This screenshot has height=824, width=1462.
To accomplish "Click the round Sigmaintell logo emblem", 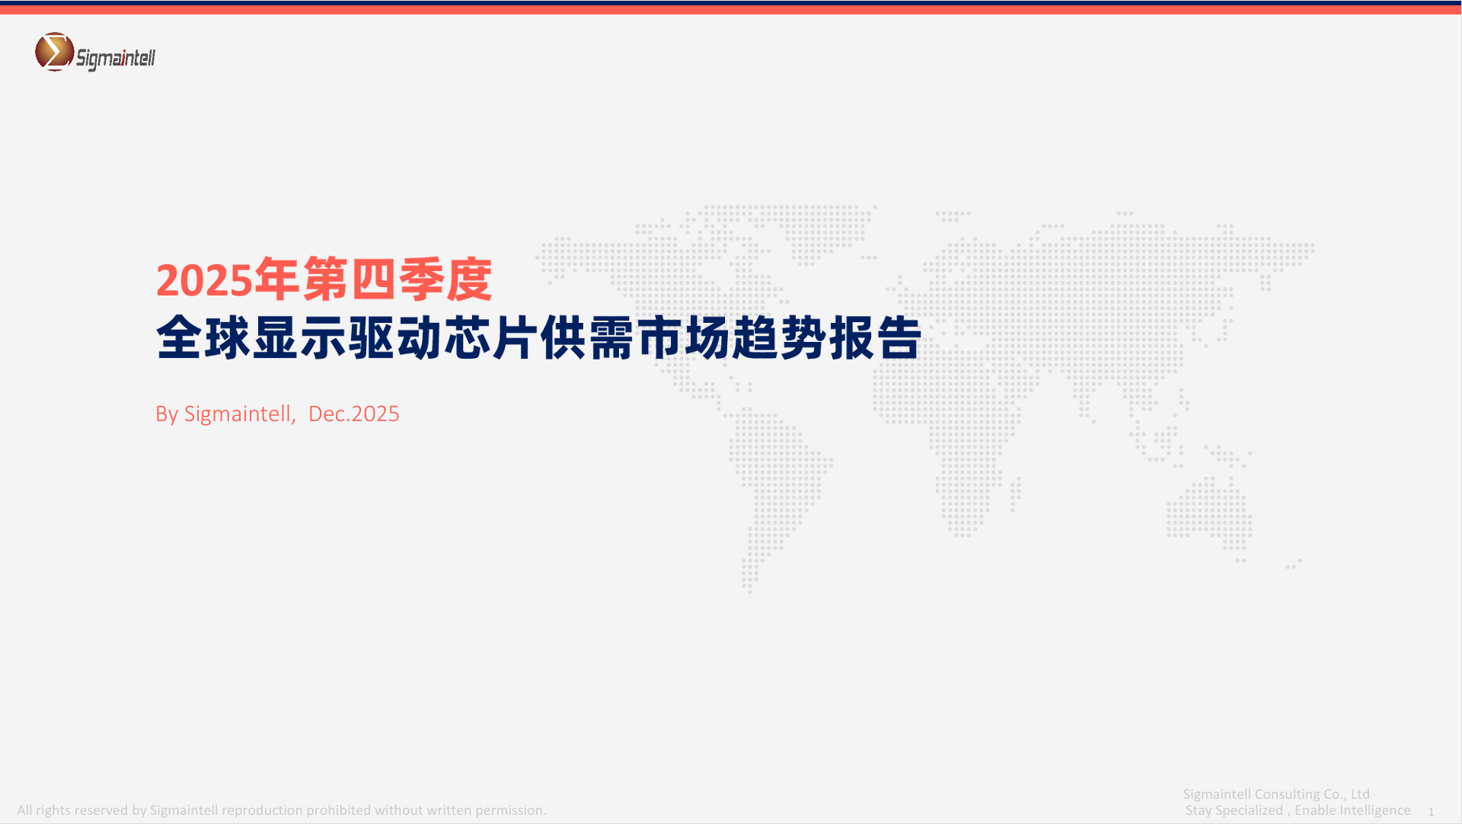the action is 55,52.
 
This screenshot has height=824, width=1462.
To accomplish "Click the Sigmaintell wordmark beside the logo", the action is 116,59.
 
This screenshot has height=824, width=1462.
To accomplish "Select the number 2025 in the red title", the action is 204,280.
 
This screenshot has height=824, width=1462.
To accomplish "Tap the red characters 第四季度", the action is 397,279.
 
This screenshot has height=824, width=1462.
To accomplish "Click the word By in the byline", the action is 167,414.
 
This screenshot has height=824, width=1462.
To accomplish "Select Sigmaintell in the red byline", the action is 238,414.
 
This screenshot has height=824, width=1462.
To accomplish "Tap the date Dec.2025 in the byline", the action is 354,414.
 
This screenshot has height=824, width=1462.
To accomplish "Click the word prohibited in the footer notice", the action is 339,810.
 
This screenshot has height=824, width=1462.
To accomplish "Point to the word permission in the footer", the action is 509,810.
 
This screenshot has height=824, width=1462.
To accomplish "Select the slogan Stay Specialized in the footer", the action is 1234,810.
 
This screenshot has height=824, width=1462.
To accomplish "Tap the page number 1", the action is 1431,812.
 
